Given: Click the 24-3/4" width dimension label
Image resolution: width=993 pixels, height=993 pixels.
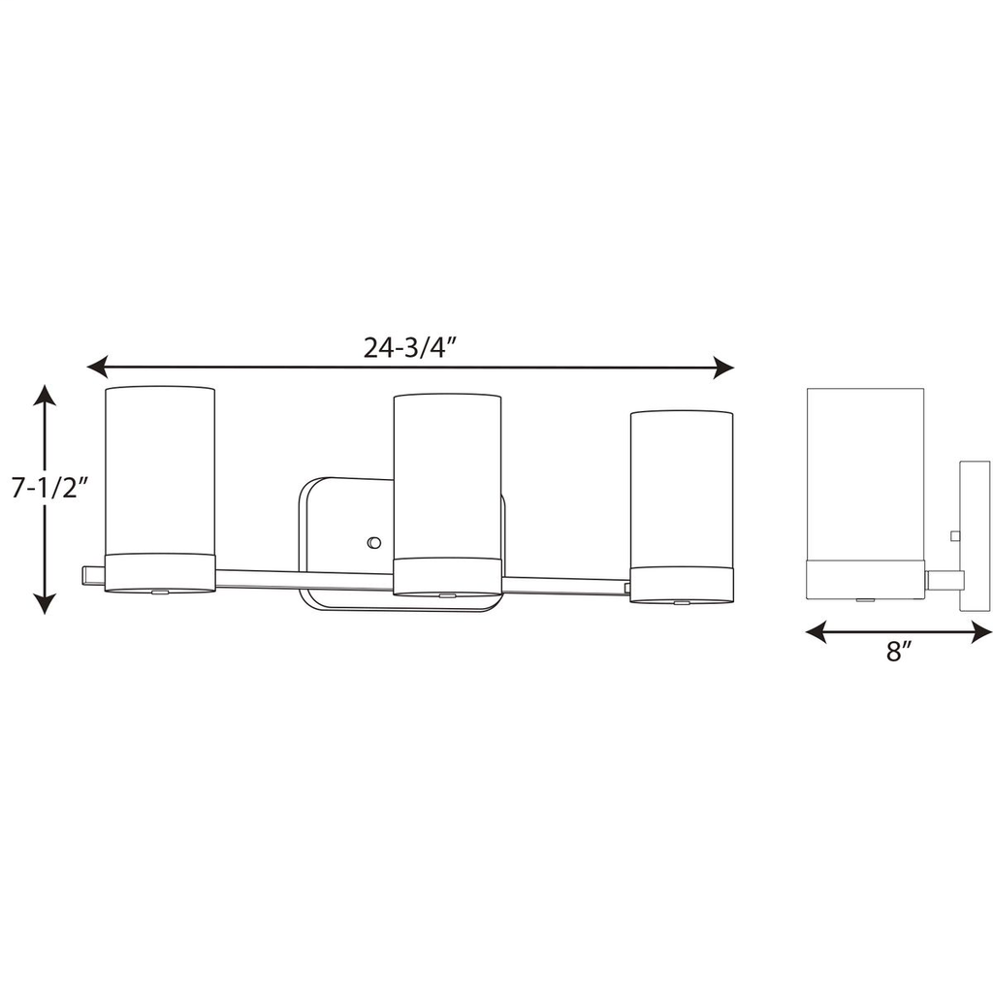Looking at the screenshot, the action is coord(410,347).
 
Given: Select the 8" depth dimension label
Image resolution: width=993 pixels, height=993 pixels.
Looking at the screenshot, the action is coord(898,651).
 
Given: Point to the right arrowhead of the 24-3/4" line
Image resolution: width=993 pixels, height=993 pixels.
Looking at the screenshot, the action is coord(723,368).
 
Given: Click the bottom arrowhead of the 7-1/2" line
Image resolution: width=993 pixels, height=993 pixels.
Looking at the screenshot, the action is coord(45,604).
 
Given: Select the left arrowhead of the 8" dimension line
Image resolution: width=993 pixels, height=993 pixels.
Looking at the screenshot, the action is coord(816,631).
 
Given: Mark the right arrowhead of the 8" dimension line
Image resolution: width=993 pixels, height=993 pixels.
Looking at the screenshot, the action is coord(981,631).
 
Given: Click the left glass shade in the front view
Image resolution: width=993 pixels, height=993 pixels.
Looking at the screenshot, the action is coord(160,470).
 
